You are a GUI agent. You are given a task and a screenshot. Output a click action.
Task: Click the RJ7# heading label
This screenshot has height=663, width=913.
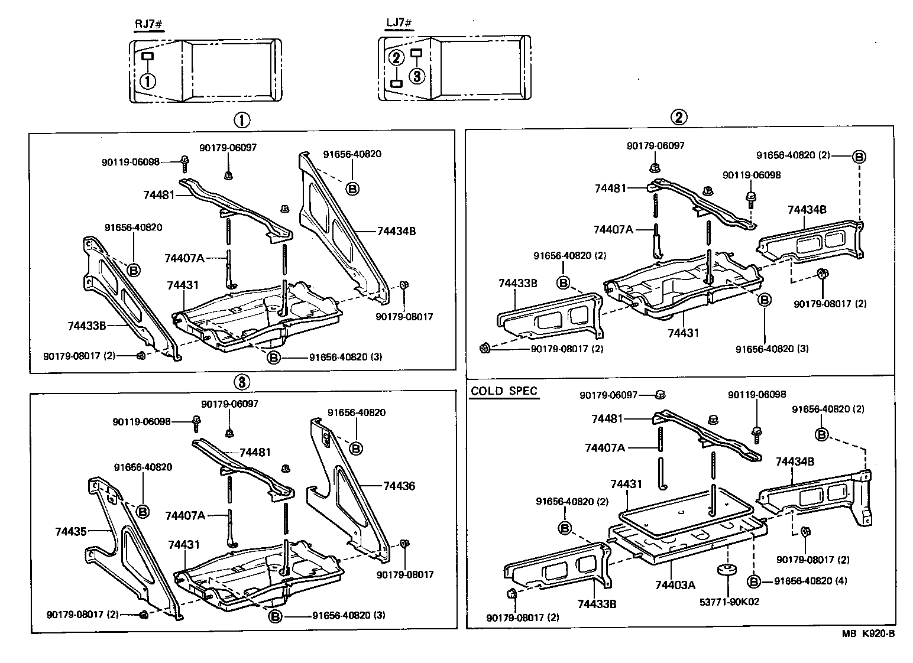pyautogui.click(x=147, y=24)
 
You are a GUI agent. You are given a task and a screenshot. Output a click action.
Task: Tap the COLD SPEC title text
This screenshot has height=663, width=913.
pyautogui.click(x=504, y=391)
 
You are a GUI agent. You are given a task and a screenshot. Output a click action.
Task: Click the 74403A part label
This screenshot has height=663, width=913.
pyautogui.click(x=675, y=584)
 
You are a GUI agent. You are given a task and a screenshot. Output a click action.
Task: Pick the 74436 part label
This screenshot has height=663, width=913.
pyautogui.click(x=399, y=486)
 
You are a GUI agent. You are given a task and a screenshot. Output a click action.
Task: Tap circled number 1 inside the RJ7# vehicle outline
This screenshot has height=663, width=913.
pyautogui.click(x=147, y=80)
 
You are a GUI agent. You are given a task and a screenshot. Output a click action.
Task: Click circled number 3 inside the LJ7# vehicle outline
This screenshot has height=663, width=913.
pyautogui.click(x=417, y=76)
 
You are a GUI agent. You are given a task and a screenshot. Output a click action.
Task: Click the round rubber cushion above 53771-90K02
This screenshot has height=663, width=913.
pyautogui.click(x=726, y=571)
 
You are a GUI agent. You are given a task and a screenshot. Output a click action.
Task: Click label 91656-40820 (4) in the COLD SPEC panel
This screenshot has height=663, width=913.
pyautogui.click(x=810, y=581)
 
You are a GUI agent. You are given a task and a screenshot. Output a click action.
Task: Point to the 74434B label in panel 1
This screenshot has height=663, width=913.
pyautogui.click(x=396, y=231)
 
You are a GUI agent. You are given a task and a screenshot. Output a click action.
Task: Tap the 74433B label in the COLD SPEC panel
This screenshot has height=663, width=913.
pyautogui.click(x=598, y=604)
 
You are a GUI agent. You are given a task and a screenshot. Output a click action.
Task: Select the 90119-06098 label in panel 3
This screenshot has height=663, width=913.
pyautogui.click(x=141, y=422)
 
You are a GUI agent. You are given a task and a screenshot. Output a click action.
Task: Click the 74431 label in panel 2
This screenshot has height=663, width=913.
pyautogui.click(x=683, y=333)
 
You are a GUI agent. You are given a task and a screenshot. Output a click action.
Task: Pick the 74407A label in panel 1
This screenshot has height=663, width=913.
pyautogui.click(x=184, y=258)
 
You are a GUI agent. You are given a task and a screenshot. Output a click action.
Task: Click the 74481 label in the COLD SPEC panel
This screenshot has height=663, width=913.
pyautogui.click(x=607, y=418)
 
